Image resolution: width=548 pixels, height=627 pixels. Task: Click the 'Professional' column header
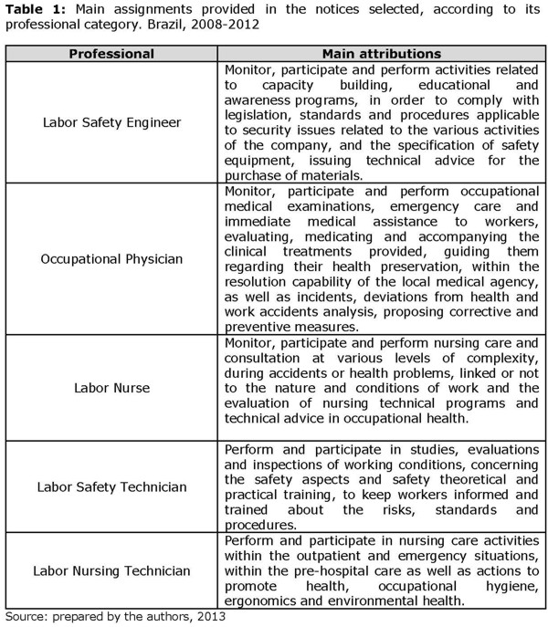point(111,54)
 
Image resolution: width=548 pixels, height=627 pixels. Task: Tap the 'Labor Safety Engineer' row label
point(111,121)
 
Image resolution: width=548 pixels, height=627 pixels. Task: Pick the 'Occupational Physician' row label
point(111,258)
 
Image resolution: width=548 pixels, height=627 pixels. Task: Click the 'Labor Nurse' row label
point(111,388)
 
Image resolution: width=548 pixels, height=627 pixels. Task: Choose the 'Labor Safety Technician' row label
point(111,486)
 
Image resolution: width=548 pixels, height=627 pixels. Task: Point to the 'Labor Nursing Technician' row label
point(111,571)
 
